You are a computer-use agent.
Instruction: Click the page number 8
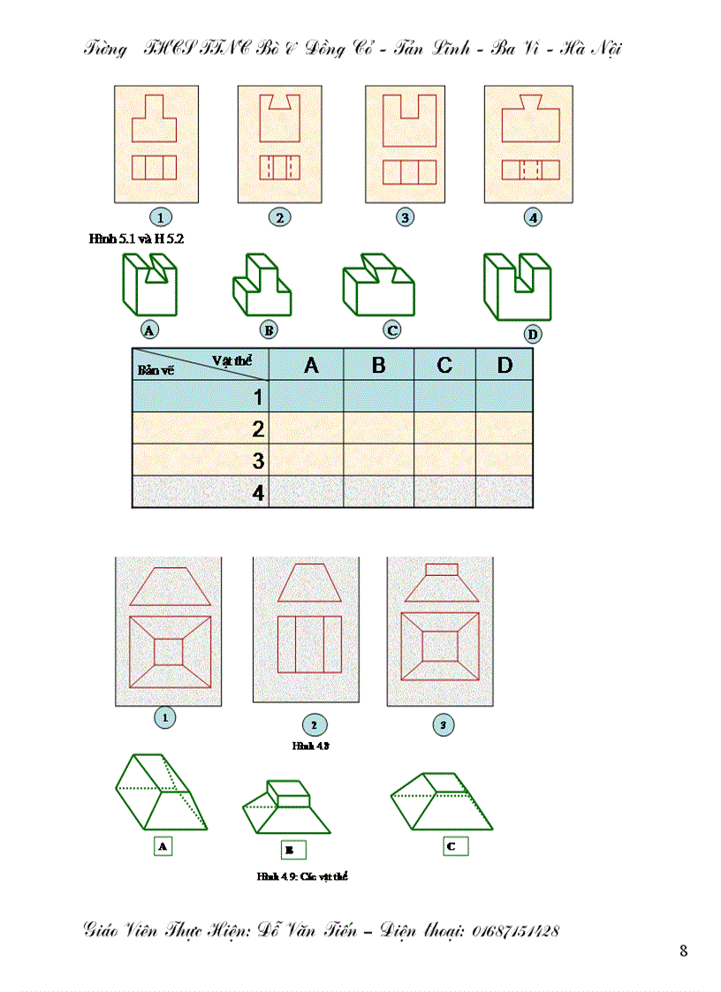point(684,950)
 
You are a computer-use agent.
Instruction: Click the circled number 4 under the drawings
point(532,216)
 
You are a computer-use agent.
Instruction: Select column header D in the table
point(505,365)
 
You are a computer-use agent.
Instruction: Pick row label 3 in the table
point(258,460)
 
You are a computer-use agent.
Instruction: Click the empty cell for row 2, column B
point(378,429)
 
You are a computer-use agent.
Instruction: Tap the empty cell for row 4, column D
point(505,492)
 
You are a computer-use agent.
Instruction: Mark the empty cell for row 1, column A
point(306,396)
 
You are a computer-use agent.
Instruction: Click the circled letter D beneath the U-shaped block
point(532,334)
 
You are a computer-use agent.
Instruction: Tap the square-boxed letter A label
point(162,845)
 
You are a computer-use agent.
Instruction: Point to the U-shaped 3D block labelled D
point(517,287)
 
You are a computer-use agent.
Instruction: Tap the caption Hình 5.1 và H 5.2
point(136,239)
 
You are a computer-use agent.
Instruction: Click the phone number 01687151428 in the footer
point(515,930)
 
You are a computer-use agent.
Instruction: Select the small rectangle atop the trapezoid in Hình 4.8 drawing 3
point(441,571)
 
